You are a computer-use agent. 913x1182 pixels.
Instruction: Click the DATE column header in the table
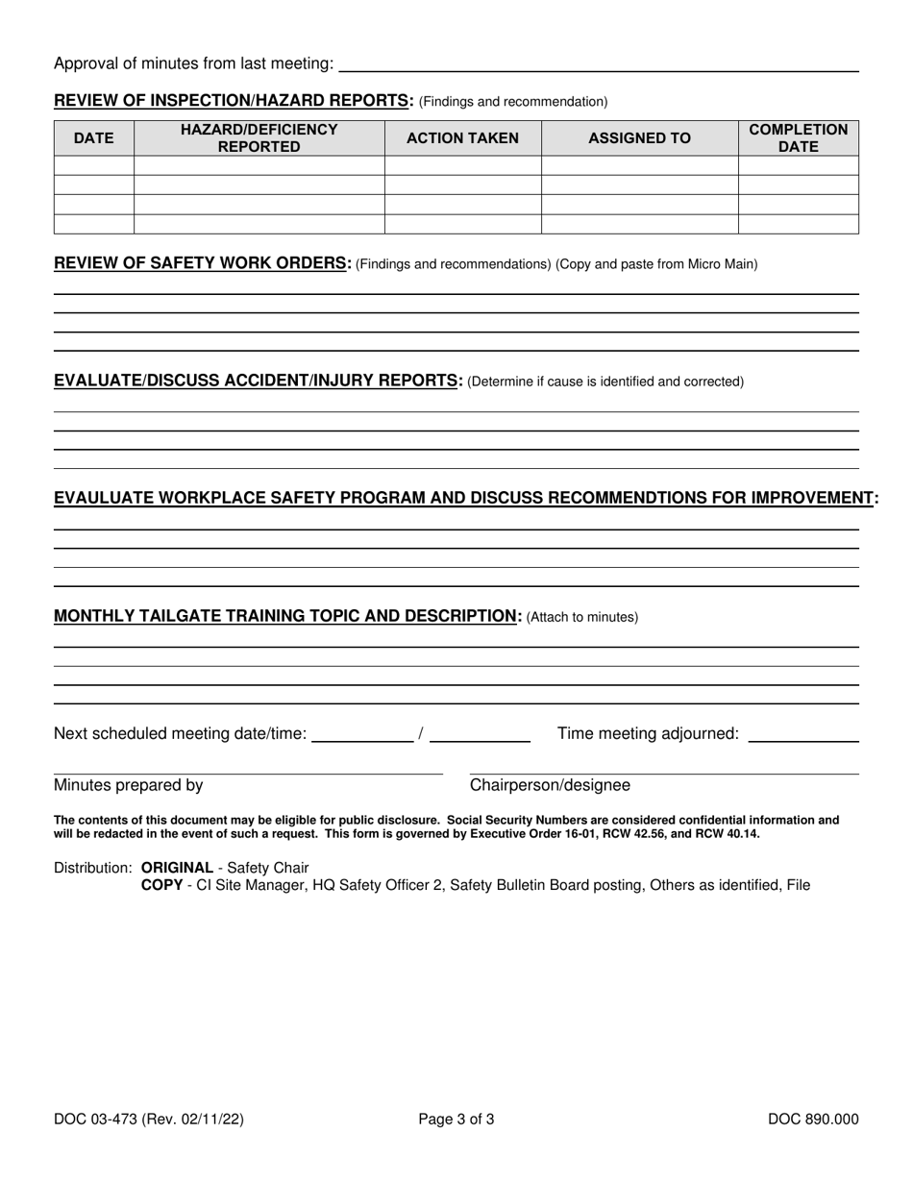[93, 138]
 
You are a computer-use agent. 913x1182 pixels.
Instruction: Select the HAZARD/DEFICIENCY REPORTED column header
[259, 138]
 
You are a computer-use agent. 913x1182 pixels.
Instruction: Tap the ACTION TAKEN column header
[462, 138]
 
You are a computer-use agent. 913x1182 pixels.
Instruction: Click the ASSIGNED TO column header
[639, 138]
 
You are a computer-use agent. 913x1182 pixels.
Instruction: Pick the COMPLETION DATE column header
[798, 138]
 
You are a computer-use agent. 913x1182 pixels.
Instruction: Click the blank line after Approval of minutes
[599, 65]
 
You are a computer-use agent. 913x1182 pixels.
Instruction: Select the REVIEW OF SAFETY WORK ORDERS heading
[203, 263]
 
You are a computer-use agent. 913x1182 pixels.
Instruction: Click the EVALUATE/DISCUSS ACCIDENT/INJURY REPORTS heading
[259, 381]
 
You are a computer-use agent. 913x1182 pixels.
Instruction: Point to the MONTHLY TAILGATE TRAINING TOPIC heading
[287, 616]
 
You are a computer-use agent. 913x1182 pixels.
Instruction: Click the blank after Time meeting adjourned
[802, 735]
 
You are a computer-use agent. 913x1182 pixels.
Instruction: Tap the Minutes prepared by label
[129, 785]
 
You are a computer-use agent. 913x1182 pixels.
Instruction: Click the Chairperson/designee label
[550, 785]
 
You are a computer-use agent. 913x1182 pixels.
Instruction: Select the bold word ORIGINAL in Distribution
[177, 868]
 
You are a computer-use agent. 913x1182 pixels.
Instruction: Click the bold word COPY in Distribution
[161, 885]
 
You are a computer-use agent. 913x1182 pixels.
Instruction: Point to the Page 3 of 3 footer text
[456, 1119]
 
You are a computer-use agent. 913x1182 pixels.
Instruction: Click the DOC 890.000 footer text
[813, 1119]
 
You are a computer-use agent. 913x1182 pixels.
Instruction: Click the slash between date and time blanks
[421, 734]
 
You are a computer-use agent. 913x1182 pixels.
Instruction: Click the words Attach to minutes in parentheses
[582, 617]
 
